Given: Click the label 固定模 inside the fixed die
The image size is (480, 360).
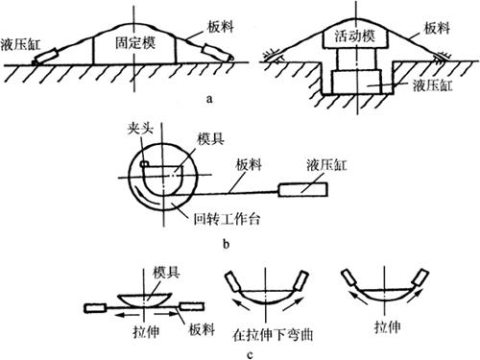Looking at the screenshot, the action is pos(135,43).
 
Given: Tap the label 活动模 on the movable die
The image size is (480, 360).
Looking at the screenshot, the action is pos(355,36).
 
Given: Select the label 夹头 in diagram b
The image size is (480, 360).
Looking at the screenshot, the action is pos(140,129).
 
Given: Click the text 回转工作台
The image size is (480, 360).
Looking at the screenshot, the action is pos(227,219).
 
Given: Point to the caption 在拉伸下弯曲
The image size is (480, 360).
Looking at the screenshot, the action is pos(273,335).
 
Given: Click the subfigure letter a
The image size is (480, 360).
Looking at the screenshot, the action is pos(209,99).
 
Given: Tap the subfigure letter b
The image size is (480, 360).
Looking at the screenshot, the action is pos(227,244).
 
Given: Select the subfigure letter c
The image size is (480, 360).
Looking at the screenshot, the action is pos(250,354).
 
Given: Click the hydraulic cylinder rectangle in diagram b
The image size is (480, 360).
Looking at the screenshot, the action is pos(303,189).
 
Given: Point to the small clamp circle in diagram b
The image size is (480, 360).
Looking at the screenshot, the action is pos(144,164).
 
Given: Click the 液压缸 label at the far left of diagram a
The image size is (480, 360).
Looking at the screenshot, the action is pos(21,44).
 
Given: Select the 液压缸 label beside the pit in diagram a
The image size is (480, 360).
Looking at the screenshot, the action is pos(433,85).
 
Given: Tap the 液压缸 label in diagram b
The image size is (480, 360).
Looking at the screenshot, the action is pos(326,165).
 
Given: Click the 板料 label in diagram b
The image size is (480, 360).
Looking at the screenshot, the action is pos(249,165).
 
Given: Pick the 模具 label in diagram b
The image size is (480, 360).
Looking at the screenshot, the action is pos(210,139).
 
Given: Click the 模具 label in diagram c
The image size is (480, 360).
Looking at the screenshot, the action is pos(166,273).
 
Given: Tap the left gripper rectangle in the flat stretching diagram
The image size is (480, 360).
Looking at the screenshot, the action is pos(95,308).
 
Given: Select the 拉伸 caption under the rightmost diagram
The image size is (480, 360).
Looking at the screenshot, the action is pos(388,327).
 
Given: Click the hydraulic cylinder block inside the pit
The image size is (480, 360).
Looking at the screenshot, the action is pos(357,83).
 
